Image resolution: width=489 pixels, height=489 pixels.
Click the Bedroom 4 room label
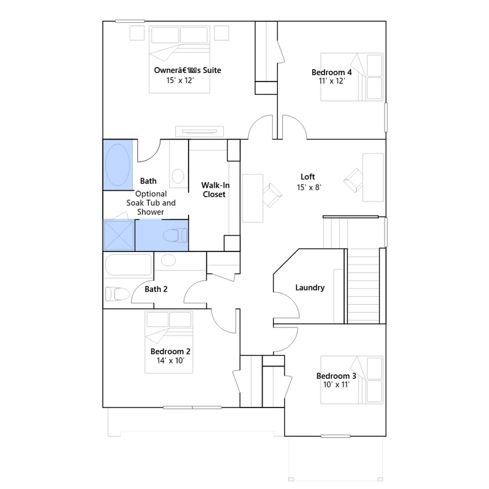point(332,72)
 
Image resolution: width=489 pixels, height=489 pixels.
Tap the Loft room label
point(307,177)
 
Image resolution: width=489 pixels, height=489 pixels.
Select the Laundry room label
point(310,288)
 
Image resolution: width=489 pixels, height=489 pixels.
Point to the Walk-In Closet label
point(215,190)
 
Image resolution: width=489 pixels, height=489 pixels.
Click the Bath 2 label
point(156,289)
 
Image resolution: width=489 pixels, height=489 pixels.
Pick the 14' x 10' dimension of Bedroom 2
point(171,361)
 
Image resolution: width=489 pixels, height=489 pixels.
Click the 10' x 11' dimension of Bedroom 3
point(336,384)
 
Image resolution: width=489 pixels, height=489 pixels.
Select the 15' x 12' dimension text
point(180,80)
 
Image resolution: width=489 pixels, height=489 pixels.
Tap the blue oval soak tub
point(118,165)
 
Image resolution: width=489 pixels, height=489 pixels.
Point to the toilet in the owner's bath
point(175,236)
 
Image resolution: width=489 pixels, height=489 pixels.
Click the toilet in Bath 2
point(117,294)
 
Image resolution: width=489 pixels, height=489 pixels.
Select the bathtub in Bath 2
point(128,265)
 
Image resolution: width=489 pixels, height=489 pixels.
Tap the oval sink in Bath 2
point(168,260)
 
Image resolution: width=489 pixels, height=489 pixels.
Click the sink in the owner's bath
point(178,176)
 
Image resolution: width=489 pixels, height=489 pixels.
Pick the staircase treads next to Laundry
point(363,286)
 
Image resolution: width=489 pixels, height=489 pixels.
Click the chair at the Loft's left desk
point(272,195)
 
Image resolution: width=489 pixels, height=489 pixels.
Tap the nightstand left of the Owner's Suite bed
point(137,33)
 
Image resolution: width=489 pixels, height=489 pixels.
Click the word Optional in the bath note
point(151,194)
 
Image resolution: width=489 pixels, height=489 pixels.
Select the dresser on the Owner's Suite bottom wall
point(199,131)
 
